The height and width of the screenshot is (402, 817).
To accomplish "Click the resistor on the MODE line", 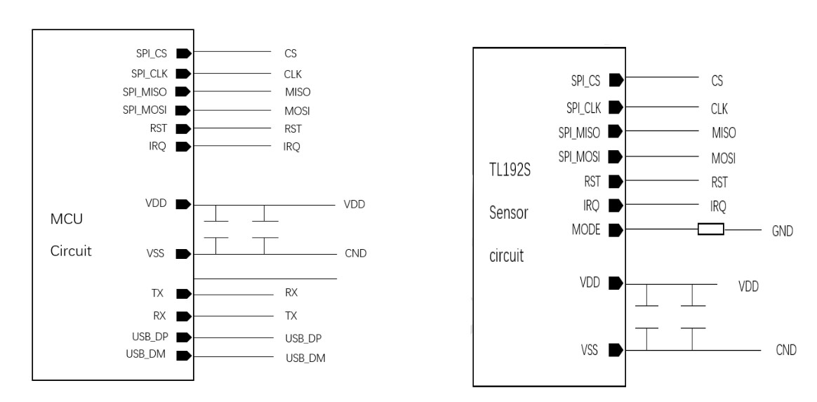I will tap(710, 229).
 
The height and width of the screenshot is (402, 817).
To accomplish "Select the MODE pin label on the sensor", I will tap(585, 229).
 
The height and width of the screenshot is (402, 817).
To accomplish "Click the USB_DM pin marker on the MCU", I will tap(183, 356).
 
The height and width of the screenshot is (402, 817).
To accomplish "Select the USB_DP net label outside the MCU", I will tap(303, 338).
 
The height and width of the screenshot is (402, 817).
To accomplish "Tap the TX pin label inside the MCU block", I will tap(158, 294).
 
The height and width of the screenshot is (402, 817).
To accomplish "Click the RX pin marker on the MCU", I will tap(183, 316).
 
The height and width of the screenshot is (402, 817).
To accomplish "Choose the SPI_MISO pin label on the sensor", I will tap(579, 132).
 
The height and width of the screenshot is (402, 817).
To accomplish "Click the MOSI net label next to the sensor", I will tap(724, 157).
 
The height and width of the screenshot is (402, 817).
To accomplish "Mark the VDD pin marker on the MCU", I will tap(183, 204).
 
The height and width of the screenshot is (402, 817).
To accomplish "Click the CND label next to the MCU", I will tap(356, 253).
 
